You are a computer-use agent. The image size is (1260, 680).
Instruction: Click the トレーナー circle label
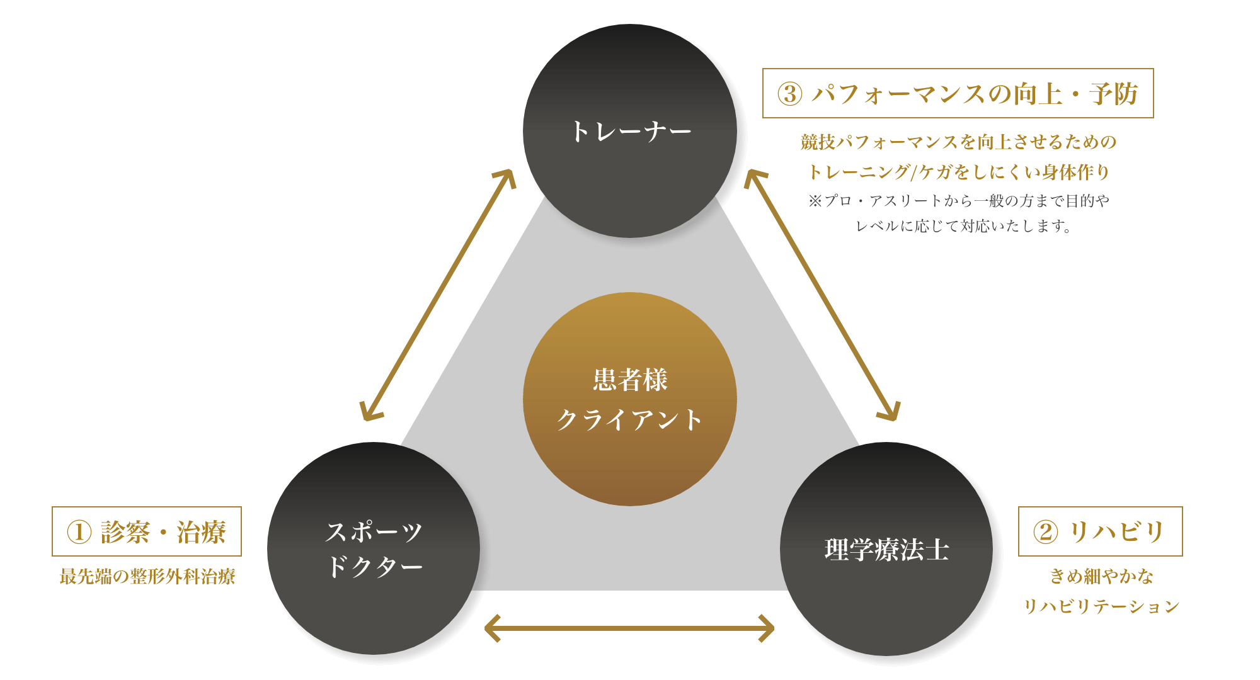coord(630,132)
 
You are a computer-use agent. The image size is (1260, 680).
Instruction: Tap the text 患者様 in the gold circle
coord(630,380)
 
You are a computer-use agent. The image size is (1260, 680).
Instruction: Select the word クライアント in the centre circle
coord(630,420)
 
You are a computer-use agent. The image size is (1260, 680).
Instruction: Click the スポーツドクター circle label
coord(374,548)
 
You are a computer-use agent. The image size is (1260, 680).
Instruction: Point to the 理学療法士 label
coord(886,550)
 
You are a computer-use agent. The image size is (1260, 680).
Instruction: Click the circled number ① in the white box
coord(79,532)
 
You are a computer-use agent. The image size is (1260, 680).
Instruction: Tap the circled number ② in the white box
coord(1046,532)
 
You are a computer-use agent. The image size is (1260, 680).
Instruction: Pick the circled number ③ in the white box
coord(790,94)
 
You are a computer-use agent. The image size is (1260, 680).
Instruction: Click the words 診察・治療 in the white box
coord(163,532)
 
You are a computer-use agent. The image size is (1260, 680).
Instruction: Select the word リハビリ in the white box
coord(1117,532)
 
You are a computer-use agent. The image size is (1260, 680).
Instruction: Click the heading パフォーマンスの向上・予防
coord(975,94)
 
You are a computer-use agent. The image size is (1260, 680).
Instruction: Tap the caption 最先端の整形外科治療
coord(147,576)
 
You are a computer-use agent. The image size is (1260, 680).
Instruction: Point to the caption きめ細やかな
coord(1101,576)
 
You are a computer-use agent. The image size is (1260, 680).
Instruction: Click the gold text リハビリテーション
coord(1101,606)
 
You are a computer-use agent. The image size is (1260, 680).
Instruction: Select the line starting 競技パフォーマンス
coord(958,142)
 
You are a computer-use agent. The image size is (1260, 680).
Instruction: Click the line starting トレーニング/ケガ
coord(958,171)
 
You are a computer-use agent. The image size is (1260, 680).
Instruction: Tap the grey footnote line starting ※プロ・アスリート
coord(958,201)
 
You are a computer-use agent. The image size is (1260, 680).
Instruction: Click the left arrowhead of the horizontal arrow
coord(491,628)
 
